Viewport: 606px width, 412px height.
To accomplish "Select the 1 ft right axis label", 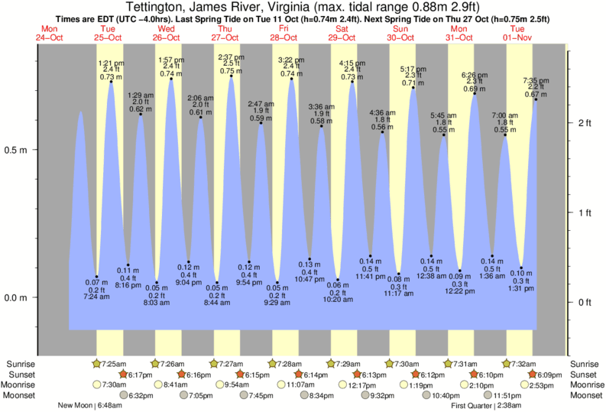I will tap(584, 212).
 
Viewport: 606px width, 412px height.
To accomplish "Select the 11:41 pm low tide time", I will tap(371, 276).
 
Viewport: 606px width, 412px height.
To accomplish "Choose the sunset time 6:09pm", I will tap(551, 375).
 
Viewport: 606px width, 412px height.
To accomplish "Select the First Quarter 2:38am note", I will tap(488, 406).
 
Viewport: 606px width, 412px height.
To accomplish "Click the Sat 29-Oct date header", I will tap(341, 34).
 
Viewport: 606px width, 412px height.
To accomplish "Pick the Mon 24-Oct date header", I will tap(49, 34).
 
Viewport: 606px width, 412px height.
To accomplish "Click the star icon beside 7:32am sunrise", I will tap(507, 363).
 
